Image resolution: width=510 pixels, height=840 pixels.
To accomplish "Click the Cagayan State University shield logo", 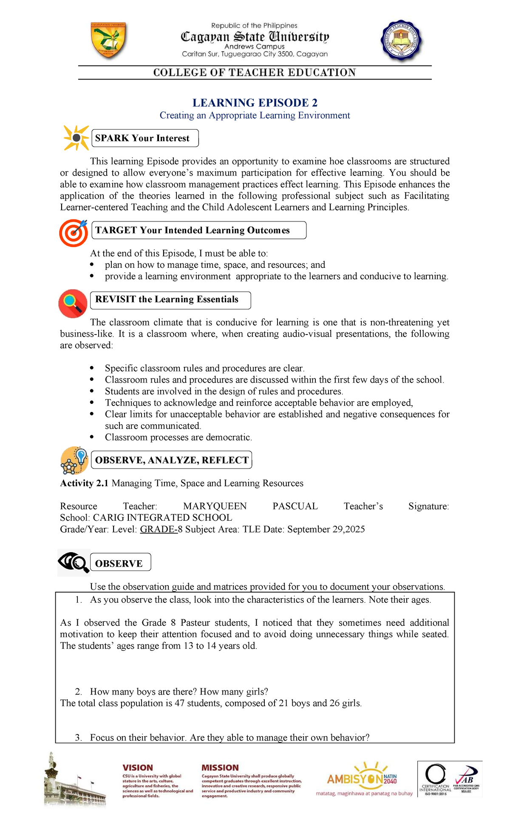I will pos(108,41).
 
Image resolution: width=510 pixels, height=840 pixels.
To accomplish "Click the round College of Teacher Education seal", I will pos(401,41).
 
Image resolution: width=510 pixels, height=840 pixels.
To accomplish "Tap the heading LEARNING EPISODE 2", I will pos(255,103).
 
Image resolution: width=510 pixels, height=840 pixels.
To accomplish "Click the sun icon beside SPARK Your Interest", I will pos(76,138).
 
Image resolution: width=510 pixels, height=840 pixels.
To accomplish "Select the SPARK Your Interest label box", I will pos(145,138).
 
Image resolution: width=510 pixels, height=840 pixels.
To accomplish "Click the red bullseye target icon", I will pos(74,233).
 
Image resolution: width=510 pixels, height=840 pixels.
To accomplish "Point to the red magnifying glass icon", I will pos(73,303).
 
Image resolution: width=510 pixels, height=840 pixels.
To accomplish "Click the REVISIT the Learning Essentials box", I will pos(170,300).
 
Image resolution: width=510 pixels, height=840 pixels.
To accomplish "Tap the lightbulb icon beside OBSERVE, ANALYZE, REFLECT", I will pos(75,460).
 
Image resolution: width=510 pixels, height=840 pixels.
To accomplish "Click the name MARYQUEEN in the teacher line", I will pos(215,506).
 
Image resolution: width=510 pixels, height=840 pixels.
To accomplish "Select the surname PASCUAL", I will pos(295,506).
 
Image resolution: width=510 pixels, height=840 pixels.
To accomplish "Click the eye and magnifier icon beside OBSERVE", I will pos(74,563).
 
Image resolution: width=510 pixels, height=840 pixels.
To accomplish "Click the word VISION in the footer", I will pos(138,768).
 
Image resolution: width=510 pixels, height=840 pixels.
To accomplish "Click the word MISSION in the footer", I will pos(220,768).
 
